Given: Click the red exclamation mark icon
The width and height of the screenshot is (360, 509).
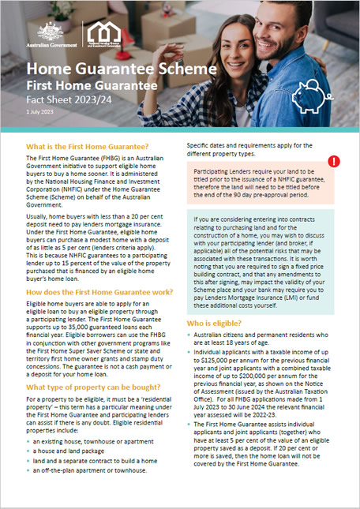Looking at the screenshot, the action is (334, 161).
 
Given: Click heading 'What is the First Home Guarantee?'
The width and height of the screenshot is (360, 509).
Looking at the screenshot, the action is (88, 147).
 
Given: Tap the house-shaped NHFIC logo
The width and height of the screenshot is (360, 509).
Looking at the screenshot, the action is (104, 33).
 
